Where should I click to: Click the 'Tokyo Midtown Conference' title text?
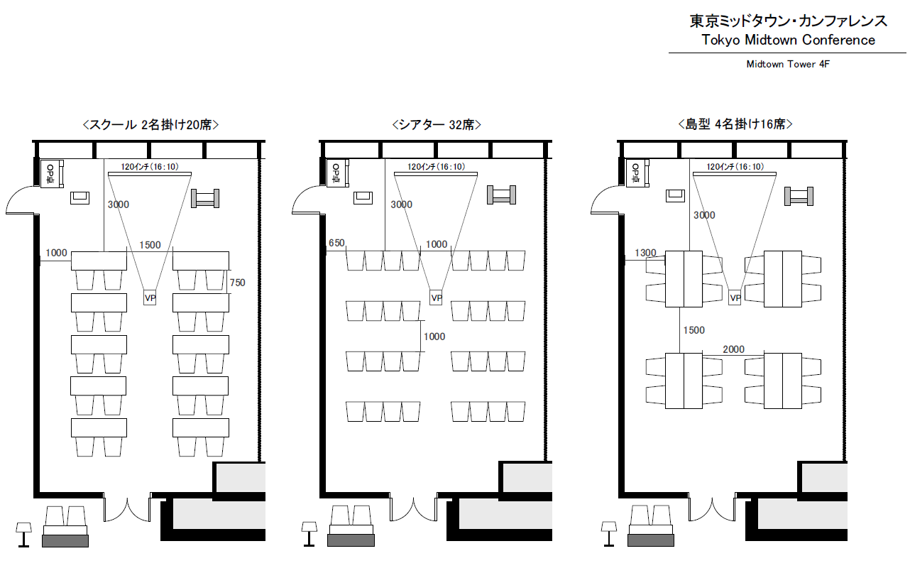(x=788, y=40)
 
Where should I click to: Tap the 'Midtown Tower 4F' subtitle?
(x=788, y=64)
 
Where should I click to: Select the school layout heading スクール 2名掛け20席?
(x=150, y=124)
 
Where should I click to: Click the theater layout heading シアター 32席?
(x=437, y=124)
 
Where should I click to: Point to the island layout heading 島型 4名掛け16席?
(x=735, y=124)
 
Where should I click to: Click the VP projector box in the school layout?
(x=150, y=298)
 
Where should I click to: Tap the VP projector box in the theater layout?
(x=436, y=298)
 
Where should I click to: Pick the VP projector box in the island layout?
(x=735, y=298)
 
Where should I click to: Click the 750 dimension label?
(x=237, y=283)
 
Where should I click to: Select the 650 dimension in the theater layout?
(x=336, y=243)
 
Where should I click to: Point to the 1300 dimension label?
(x=645, y=253)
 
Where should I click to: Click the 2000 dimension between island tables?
(x=733, y=349)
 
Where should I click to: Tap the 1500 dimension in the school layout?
(x=150, y=245)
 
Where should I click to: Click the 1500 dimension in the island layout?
(x=694, y=330)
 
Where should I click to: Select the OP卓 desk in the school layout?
(x=52, y=173)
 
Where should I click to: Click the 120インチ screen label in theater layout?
(x=437, y=167)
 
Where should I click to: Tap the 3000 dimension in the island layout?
(x=704, y=215)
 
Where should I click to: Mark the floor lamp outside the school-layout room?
(x=23, y=535)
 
